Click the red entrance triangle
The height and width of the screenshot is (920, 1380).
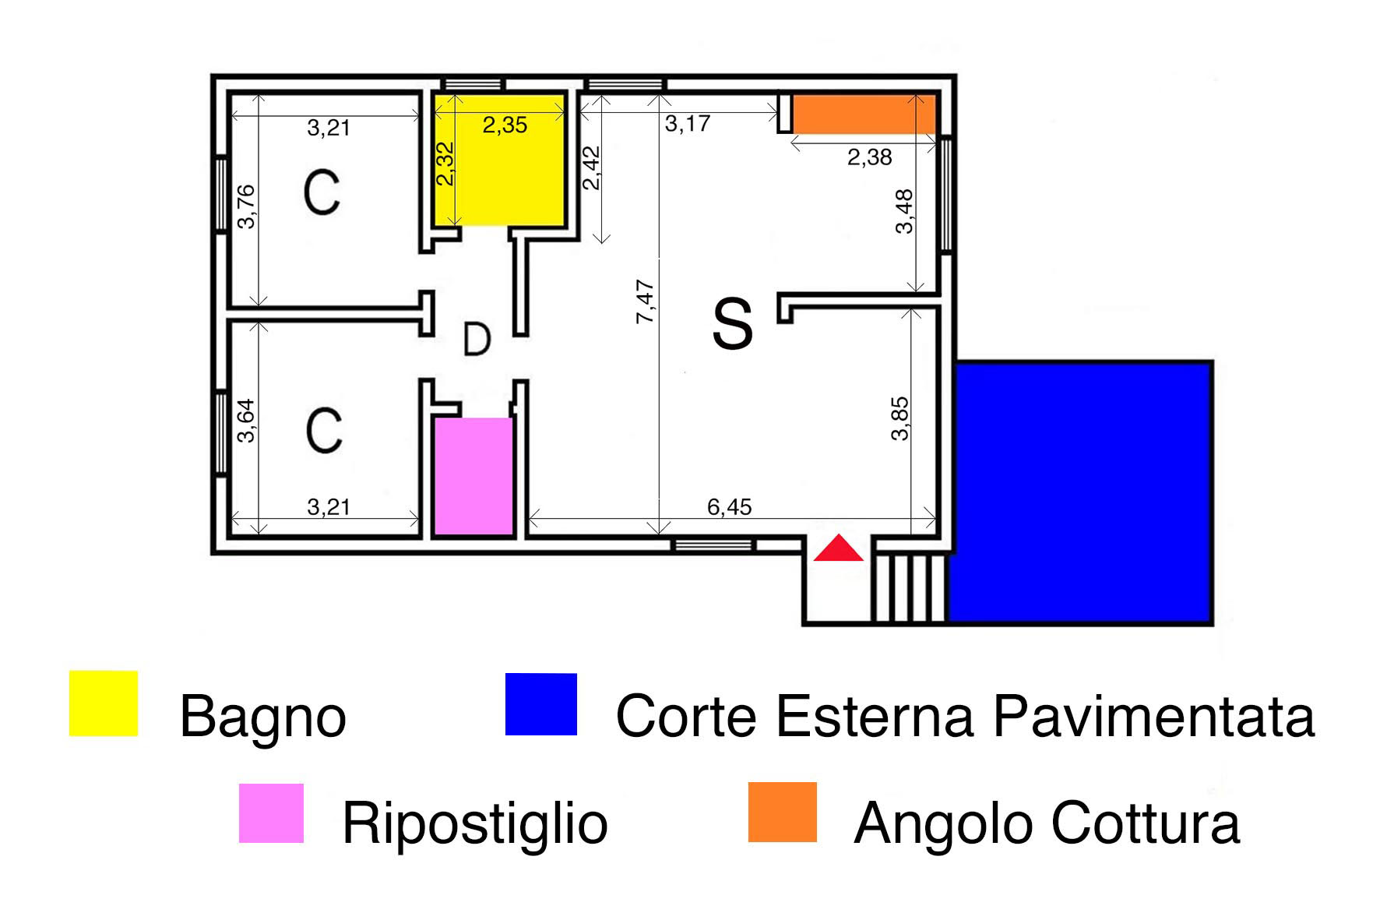[839, 549]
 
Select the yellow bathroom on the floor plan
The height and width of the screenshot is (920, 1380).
[499, 160]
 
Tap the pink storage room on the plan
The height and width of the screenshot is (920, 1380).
[473, 476]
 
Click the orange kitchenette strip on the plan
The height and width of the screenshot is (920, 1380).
[864, 115]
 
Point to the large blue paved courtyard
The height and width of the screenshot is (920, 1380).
[1080, 492]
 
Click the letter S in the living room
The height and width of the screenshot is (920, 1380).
[733, 326]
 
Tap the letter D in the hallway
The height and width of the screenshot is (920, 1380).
[477, 340]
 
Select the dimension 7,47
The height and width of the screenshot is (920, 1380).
[646, 301]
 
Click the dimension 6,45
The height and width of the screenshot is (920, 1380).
[730, 507]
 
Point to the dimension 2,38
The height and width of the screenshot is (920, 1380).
[869, 157]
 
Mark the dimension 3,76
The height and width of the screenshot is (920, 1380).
[245, 206]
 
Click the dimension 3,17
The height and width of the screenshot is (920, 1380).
[687, 123]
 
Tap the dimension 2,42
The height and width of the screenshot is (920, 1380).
[592, 167]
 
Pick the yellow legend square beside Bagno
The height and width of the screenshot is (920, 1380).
[104, 703]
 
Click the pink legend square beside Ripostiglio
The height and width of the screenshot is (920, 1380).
[271, 813]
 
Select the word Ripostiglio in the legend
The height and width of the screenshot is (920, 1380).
[475, 823]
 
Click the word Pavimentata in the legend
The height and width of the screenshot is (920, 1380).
[1155, 716]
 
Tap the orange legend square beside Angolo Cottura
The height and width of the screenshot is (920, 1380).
[783, 812]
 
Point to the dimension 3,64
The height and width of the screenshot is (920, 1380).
[245, 421]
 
